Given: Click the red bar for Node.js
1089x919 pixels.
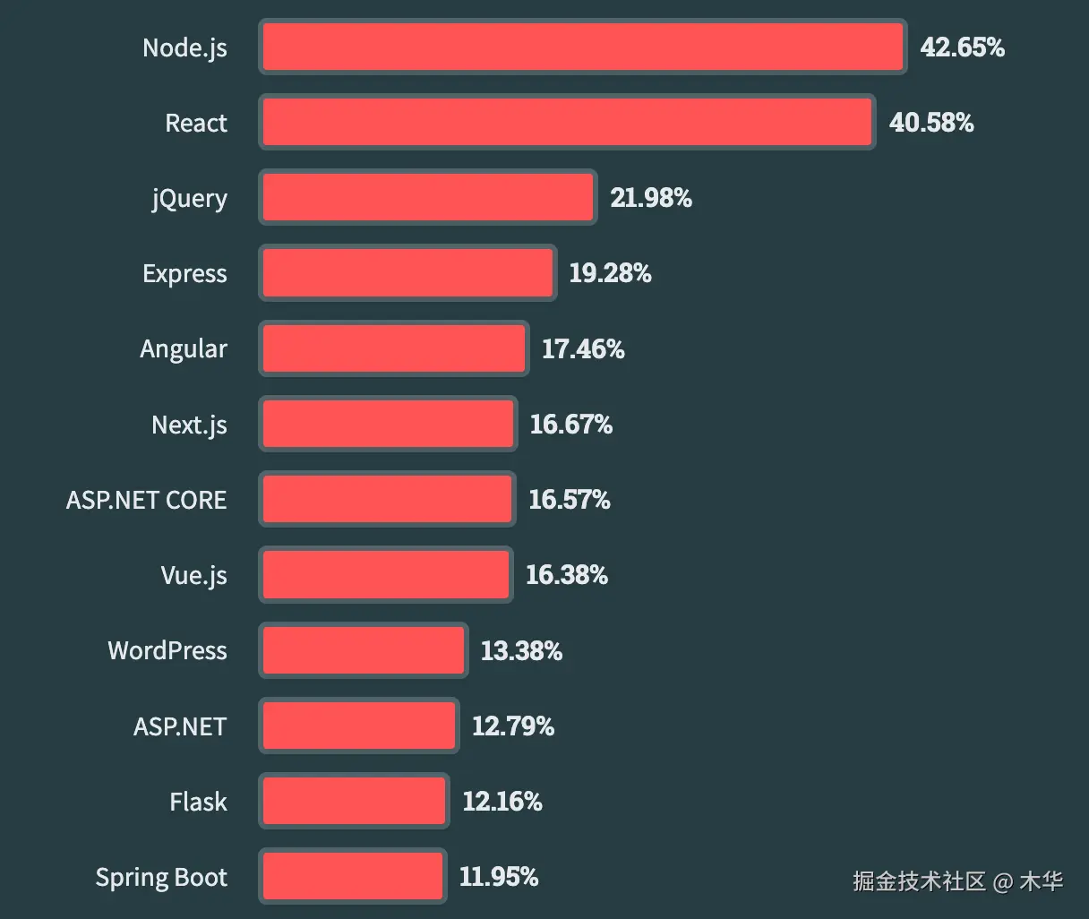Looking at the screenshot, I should click(x=582, y=47).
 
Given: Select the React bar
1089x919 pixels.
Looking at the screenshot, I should click(x=567, y=123).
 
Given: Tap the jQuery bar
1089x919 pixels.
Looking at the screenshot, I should click(x=428, y=198).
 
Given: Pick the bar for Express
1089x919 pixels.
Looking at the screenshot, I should click(x=408, y=273).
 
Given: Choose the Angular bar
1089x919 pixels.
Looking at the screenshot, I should click(x=394, y=349).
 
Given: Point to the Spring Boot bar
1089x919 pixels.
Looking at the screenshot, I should click(x=353, y=876).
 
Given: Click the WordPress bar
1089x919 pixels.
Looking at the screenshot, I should click(x=364, y=650).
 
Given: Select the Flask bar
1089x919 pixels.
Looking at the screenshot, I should click(x=355, y=801).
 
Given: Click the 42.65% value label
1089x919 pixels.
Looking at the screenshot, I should click(x=962, y=47).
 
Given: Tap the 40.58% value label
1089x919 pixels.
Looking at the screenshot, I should click(x=931, y=123).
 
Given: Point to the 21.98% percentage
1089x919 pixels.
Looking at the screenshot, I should click(x=651, y=198).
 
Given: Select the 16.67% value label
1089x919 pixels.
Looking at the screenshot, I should click(x=571, y=425).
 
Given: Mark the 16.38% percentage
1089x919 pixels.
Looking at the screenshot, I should click(x=567, y=575).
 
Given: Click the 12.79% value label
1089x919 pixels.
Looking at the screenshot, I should click(x=513, y=726).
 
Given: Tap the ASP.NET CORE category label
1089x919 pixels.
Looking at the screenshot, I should click(x=147, y=500).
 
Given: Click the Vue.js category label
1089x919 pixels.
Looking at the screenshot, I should click(x=193, y=575).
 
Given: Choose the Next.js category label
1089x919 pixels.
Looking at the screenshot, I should click(x=189, y=425).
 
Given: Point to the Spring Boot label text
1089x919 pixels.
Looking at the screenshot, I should click(x=161, y=878).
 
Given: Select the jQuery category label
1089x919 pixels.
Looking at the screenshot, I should click(x=189, y=198).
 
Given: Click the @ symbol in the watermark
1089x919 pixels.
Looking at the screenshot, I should click(x=1003, y=882).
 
